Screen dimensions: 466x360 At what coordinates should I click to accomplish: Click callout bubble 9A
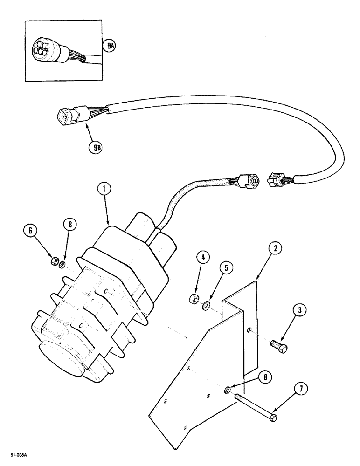coord(110,46)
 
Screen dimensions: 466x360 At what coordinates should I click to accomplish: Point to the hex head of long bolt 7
coord(273,416)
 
